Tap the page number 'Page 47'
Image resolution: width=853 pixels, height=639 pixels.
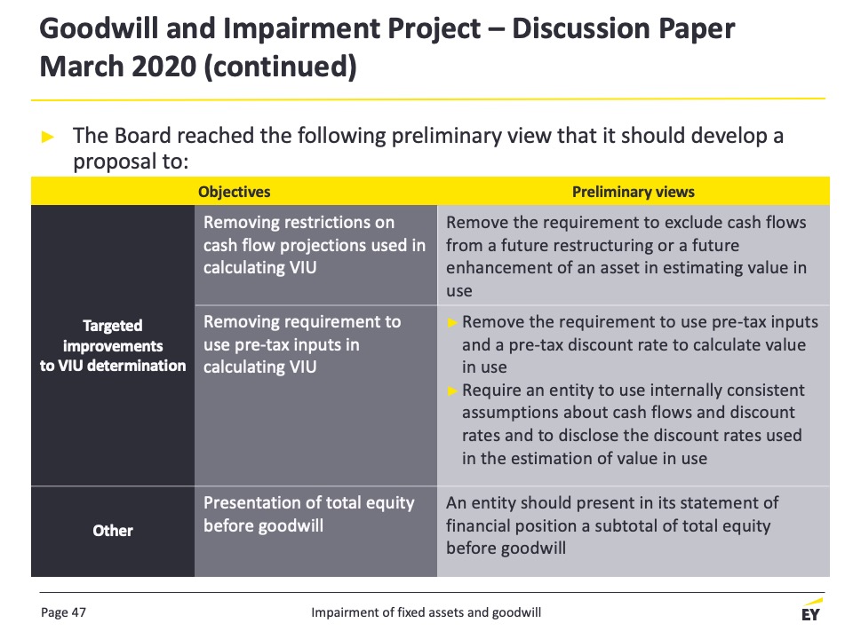63,612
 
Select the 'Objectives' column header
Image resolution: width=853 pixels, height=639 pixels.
234,192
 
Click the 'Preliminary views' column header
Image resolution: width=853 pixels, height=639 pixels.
634,192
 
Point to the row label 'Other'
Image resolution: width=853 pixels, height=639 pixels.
113,531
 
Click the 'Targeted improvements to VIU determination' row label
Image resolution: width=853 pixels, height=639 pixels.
113,345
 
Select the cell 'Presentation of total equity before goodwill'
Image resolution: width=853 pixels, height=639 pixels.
309,514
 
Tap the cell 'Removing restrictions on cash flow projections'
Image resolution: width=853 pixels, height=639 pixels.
315,245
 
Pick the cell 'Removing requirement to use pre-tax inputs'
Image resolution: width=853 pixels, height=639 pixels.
302,344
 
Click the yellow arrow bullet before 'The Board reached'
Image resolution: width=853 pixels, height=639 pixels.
48,137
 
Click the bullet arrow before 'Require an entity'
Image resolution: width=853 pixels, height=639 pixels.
452,390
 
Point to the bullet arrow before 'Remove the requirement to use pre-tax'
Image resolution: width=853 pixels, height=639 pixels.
452,323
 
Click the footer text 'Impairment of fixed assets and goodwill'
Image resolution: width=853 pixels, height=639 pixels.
426,612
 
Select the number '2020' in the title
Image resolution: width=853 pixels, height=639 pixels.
163,67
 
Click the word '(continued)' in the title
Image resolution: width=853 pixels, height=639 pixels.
280,67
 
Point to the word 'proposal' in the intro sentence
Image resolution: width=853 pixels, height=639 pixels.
112,162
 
